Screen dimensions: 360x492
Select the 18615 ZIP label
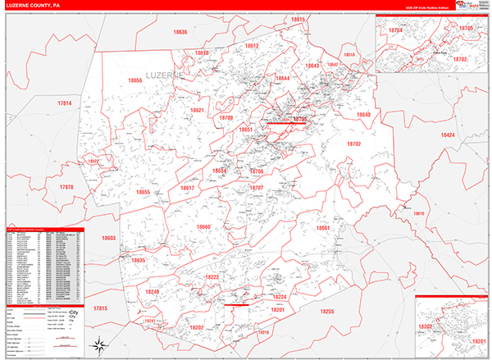coord(298,19)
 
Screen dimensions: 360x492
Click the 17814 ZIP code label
coord(65,103)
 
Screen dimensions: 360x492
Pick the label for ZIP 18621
coord(198,110)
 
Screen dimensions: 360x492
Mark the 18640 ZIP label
coord(363,115)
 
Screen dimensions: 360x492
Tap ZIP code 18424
coord(448,134)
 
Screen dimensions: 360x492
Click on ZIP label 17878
coord(66,187)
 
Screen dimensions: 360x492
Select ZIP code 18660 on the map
coord(203,226)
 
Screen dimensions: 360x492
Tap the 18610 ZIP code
coord(419,213)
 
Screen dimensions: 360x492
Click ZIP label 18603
coord(109,238)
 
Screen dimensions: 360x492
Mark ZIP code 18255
coord(327,312)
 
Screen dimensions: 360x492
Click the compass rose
coord(98,342)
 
